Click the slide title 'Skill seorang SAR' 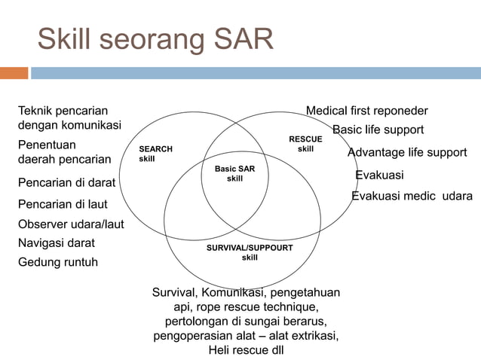tap(155, 39)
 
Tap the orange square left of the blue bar tap(14, 73)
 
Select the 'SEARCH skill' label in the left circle tap(155, 154)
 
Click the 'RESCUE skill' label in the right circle tap(305, 144)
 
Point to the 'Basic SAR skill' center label tap(234, 174)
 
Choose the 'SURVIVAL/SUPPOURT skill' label tap(250, 252)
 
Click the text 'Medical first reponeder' tap(366, 111)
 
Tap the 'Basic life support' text tap(378, 130)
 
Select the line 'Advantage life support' tap(406, 152)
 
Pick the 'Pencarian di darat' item tap(66, 182)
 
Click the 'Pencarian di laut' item tap(63, 204)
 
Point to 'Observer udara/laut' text tap(71, 224)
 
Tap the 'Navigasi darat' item tap(57, 243)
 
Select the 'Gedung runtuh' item tap(58, 262)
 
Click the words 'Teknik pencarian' tap(63, 111)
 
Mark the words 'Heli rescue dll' tap(246, 350)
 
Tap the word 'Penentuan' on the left tap(47, 144)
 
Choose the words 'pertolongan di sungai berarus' tap(246, 321)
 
